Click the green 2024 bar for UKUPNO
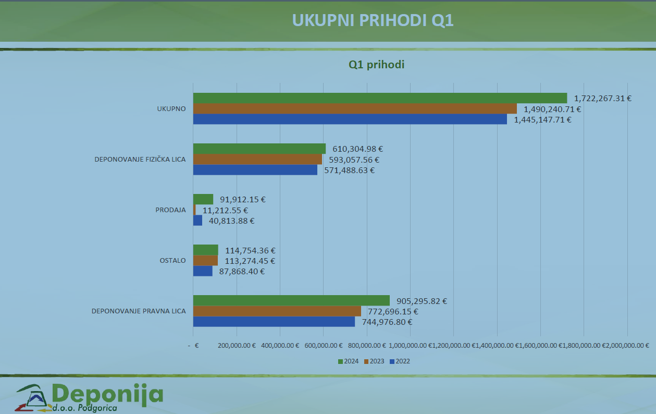[380, 98]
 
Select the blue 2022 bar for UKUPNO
[350, 119]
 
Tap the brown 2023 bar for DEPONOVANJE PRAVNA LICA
[277, 311]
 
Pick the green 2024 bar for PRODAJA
[203, 199]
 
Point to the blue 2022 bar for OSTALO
[203, 271]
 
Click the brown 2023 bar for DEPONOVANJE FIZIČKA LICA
[257, 160]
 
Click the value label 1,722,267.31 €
[603, 98]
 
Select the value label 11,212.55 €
[225, 210]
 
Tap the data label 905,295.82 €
[422, 301]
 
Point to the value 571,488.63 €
[349, 170]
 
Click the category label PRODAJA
[170, 210]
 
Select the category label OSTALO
[172, 261]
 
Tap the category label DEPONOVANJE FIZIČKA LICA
[140, 159]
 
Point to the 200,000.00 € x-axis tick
[237, 345]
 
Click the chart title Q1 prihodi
[376, 65]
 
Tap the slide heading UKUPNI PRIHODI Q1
[373, 20]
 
